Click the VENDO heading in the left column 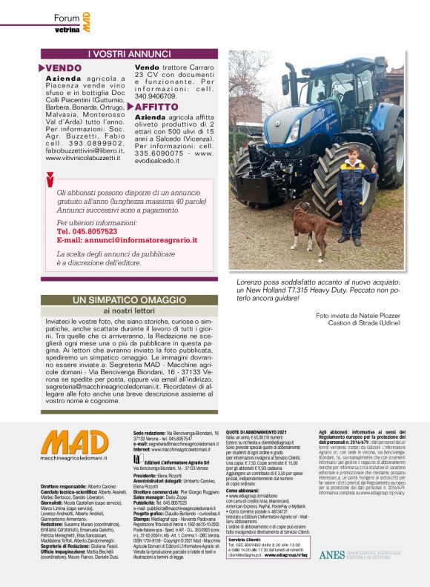(64, 68)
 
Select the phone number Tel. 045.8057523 (91, 231)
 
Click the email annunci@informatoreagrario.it (127, 240)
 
